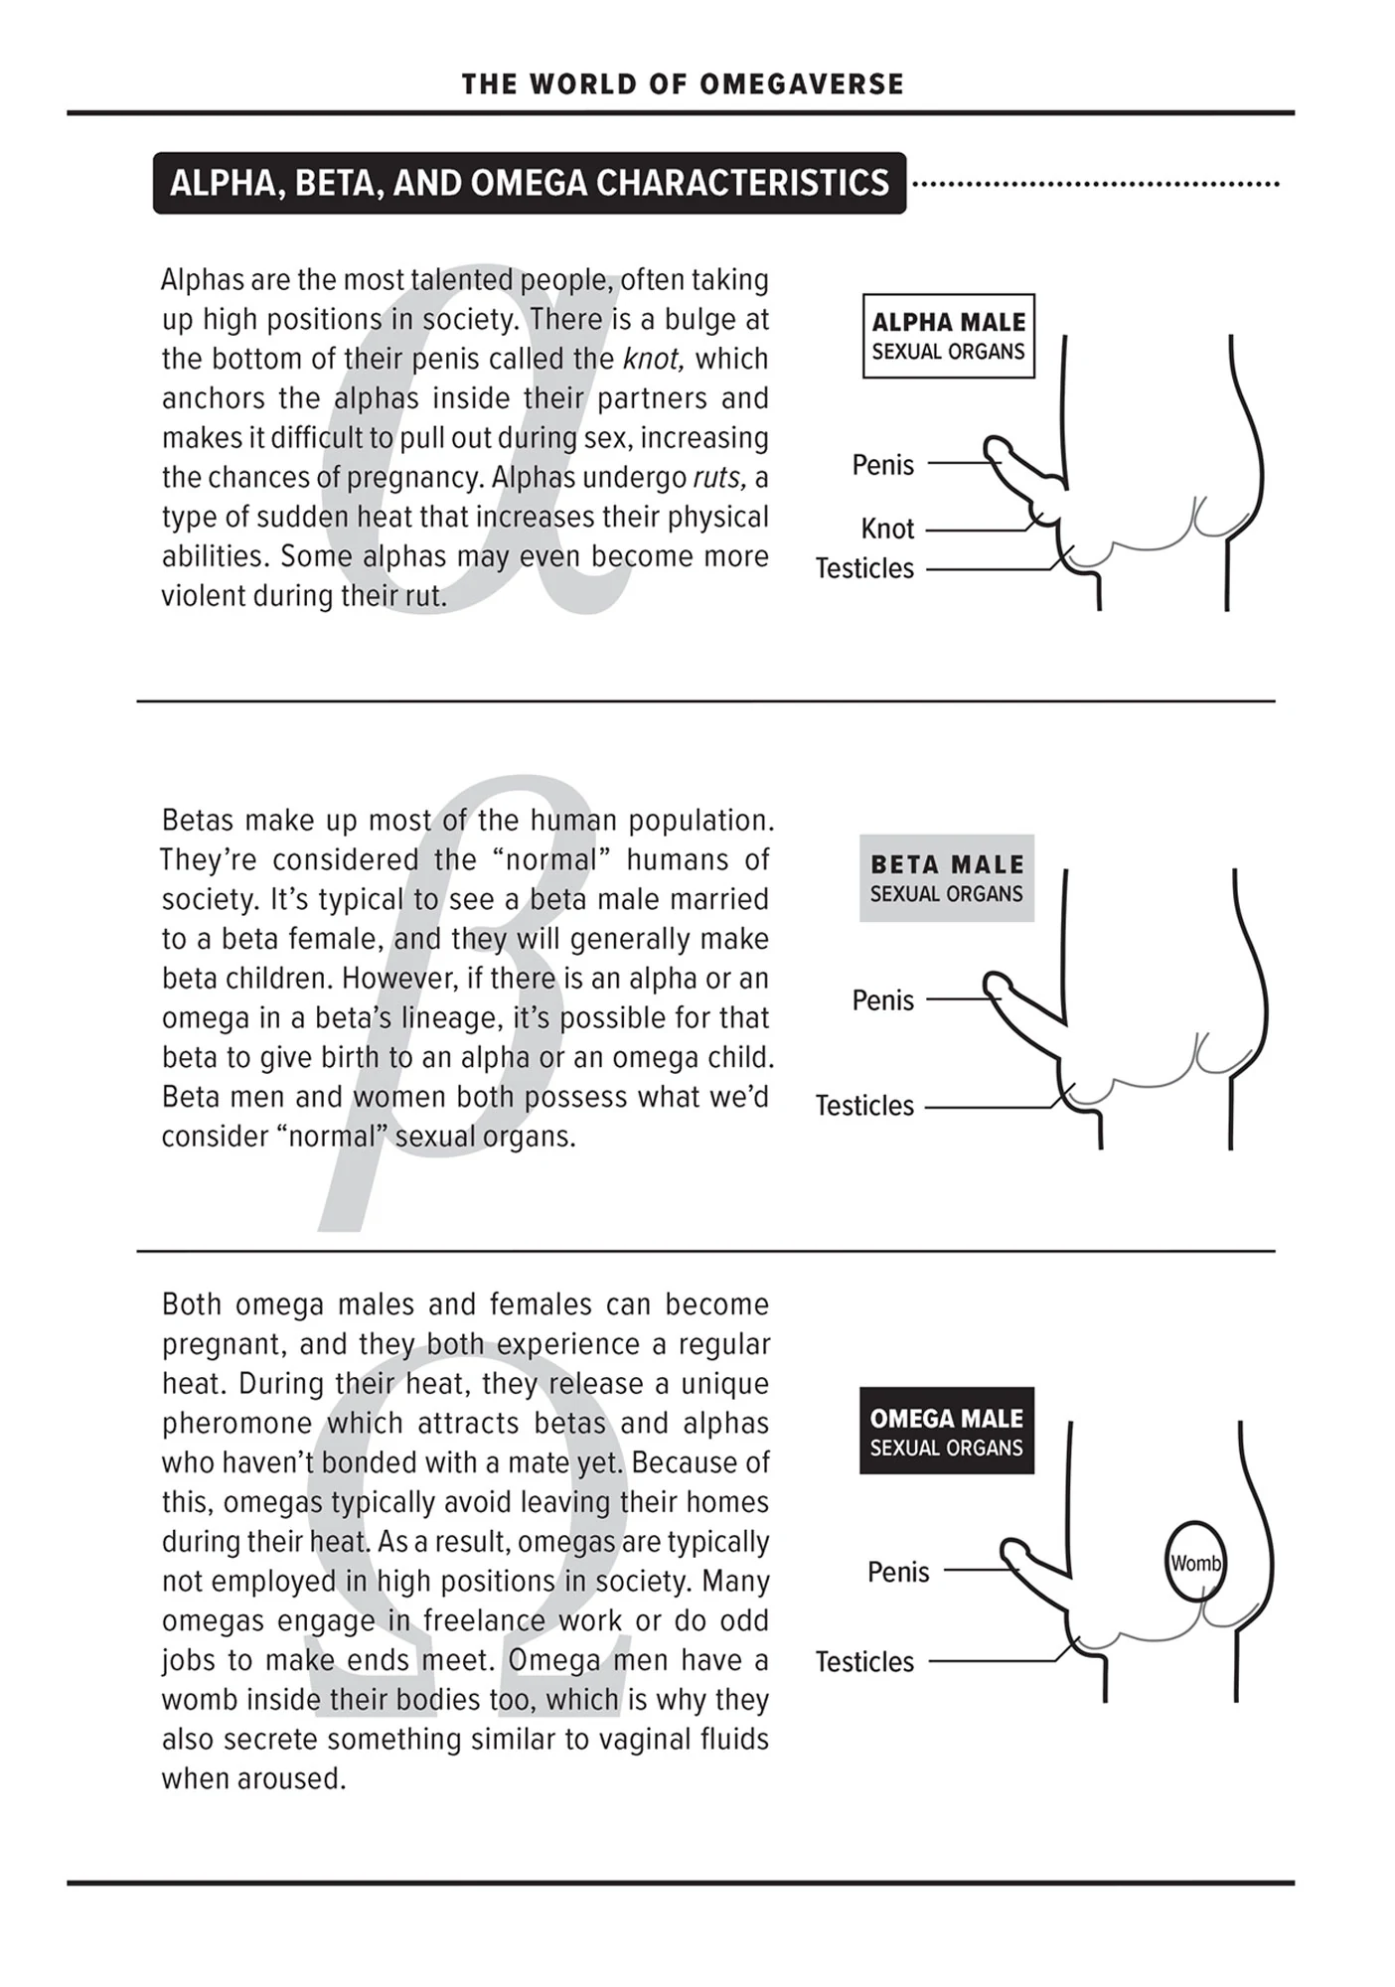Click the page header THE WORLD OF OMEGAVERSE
coord(683,84)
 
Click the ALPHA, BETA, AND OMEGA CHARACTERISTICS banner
coord(529,183)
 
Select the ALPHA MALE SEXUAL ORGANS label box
coord(948,336)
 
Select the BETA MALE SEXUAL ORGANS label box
coord(946,878)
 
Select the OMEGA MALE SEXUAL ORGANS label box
coord(946,1431)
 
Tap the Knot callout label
coord(886,529)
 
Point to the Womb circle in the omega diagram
coord(1194,1563)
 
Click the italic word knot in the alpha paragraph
coord(653,359)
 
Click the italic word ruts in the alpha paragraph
coord(718,478)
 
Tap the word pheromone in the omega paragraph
coord(236,1424)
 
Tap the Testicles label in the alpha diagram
coord(864,568)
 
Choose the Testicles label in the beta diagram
coord(864,1106)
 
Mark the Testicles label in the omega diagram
coord(864,1662)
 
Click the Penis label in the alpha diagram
coord(882,465)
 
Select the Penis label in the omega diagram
coord(898,1573)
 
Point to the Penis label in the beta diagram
coord(882,1000)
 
